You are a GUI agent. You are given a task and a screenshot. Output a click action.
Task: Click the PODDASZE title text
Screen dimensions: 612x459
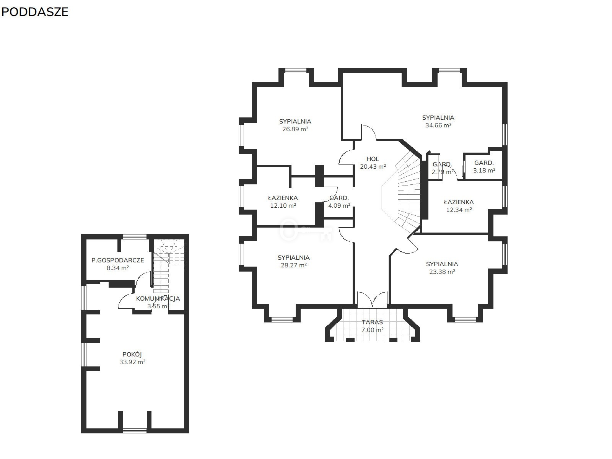[x=35, y=12]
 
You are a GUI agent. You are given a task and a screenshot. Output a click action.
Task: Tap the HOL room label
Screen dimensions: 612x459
[x=373, y=159]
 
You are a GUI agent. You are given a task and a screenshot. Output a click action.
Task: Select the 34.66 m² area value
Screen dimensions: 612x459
[x=438, y=125]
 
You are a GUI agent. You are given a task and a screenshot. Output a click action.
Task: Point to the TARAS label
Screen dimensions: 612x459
[x=372, y=322]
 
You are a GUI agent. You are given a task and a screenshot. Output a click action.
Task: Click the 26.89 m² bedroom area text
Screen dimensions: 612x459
[x=295, y=129]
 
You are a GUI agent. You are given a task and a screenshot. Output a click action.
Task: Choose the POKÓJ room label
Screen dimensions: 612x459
[x=132, y=354]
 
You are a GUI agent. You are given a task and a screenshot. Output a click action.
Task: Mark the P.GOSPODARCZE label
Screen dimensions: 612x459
[x=118, y=260]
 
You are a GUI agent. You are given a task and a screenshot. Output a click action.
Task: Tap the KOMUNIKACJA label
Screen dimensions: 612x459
[x=158, y=298]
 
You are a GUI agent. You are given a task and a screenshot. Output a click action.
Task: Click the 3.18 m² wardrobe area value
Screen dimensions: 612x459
[x=484, y=170]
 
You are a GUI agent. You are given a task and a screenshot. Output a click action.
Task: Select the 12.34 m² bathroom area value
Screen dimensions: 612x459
[x=459, y=210]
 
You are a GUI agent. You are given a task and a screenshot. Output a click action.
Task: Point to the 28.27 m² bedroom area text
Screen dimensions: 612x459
[x=294, y=265]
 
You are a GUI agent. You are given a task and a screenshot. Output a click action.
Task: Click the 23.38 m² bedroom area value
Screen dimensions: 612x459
[x=442, y=272]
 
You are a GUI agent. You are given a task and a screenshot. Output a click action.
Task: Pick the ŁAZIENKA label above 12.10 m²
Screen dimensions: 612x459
[x=283, y=198]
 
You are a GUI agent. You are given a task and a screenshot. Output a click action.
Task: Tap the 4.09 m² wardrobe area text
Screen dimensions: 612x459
[x=339, y=206]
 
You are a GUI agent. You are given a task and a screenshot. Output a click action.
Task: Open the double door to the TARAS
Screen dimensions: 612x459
[x=372, y=299]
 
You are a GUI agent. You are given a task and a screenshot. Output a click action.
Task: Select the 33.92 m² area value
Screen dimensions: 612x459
[x=132, y=362]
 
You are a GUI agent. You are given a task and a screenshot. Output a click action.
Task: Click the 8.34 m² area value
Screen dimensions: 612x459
[x=118, y=268]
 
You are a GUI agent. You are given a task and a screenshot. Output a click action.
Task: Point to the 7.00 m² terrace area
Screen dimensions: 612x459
[x=372, y=330]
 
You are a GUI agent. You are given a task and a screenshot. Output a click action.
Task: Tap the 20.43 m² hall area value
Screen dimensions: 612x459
[x=373, y=167]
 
